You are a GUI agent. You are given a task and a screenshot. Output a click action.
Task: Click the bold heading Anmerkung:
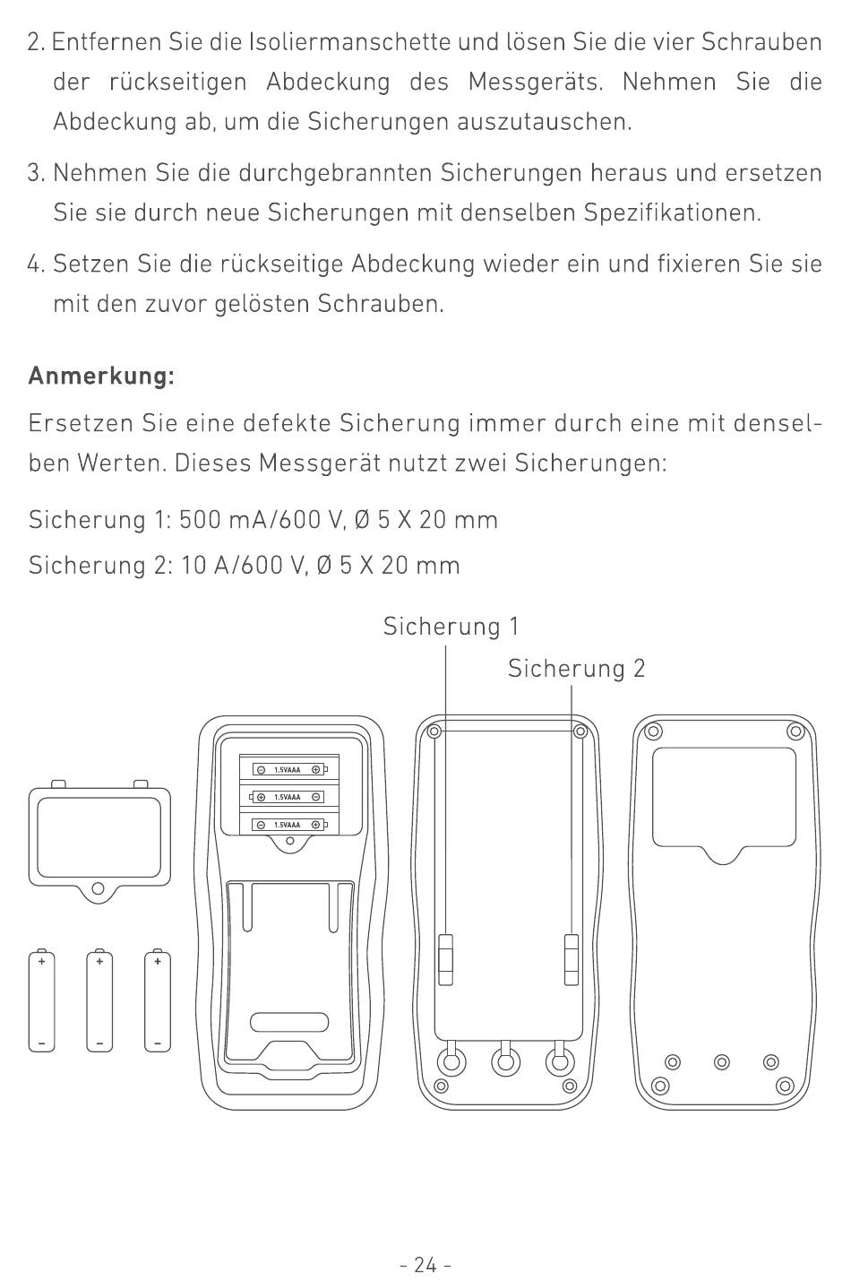click(x=101, y=376)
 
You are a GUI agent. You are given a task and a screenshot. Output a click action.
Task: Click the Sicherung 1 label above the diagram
click(x=451, y=627)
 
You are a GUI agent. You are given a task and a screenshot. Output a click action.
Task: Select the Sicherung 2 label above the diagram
click(x=576, y=669)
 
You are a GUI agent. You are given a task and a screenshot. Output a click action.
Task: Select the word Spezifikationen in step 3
click(x=672, y=212)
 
